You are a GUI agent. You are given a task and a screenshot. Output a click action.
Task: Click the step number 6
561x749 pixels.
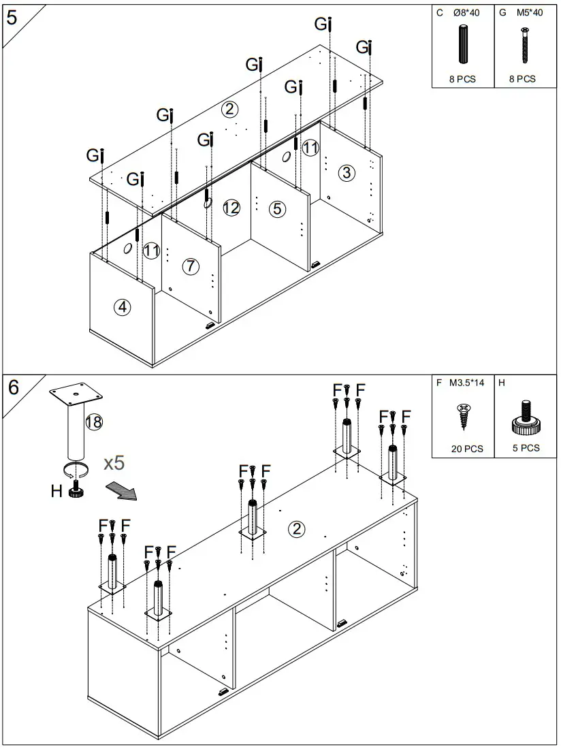tap(14, 387)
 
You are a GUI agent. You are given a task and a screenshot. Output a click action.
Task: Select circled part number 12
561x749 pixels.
tap(231, 208)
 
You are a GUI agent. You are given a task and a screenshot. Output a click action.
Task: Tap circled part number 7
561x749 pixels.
tap(191, 267)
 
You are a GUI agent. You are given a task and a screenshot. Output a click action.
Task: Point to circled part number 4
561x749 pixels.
tap(123, 308)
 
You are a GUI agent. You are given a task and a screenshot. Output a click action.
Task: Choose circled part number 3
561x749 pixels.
tap(347, 173)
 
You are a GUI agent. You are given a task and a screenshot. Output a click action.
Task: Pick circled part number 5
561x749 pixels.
tap(276, 208)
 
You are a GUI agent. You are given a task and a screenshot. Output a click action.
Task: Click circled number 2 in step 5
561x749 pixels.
tap(230, 109)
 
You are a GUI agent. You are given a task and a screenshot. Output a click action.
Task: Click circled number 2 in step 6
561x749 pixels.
tap(296, 529)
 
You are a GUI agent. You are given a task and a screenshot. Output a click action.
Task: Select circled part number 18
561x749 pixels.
tap(94, 422)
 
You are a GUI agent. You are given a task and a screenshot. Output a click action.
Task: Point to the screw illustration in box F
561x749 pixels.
tap(464, 415)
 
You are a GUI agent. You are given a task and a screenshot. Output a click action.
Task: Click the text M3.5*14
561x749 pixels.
tap(467, 383)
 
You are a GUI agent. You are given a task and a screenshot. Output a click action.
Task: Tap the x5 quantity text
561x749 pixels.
tap(114, 463)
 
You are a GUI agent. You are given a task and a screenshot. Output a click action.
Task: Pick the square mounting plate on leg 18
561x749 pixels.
tap(75, 393)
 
